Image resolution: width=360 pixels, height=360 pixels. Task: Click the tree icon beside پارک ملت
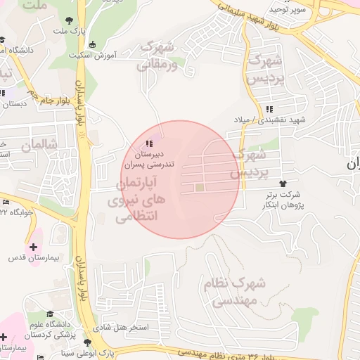[x=69, y=21]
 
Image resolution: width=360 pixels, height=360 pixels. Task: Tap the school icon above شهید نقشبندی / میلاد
[x=270, y=109]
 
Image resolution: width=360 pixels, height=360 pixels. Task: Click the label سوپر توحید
[x=290, y=10]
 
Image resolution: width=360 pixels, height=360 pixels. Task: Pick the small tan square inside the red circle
[x=199, y=188]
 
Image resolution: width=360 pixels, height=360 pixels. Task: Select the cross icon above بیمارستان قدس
[x=33, y=246]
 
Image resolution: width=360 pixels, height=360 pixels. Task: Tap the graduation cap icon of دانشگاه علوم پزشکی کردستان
[x=50, y=314]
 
